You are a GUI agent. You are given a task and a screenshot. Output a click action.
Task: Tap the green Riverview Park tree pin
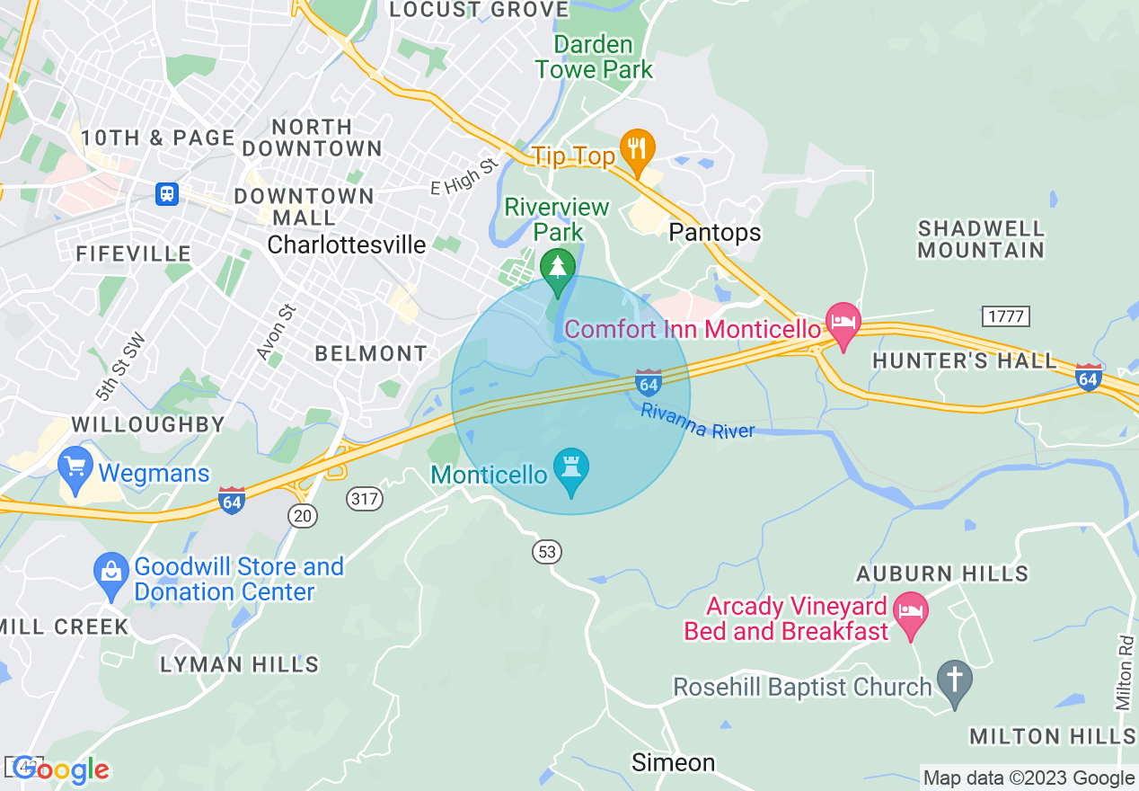(x=558, y=268)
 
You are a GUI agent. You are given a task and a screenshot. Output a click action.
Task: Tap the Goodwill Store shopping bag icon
(x=111, y=572)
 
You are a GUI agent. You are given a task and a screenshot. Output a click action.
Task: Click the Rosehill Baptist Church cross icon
(x=955, y=679)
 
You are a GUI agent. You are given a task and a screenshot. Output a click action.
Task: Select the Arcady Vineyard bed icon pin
(x=911, y=611)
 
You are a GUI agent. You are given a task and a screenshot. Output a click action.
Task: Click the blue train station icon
(x=166, y=193)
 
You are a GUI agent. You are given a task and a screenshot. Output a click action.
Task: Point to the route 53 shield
(x=547, y=552)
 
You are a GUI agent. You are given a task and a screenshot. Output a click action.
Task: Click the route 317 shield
(x=366, y=499)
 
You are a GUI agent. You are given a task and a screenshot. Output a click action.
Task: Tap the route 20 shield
(x=303, y=515)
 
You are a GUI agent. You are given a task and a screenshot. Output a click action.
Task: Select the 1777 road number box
(x=1005, y=316)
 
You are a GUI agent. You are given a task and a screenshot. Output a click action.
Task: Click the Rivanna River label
(x=698, y=421)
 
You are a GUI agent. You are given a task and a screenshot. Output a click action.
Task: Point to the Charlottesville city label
(x=347, y=244)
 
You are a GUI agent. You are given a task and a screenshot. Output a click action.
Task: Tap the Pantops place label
(x=715, y=233)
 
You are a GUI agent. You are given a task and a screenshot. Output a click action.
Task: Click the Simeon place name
(x=674, y=763)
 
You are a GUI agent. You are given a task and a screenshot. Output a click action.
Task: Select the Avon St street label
(x=276, y=333)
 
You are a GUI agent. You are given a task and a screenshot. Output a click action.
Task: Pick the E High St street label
(x=464, y=177)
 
